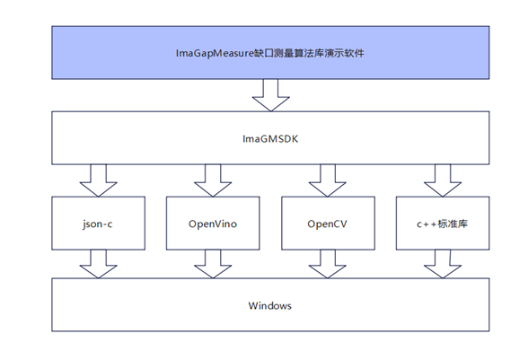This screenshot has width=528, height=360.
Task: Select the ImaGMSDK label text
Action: (x=270, y=139)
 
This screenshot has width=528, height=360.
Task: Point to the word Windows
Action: (x=270, y=305)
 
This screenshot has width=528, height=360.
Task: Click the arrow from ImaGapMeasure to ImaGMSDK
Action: (x=271, y=95)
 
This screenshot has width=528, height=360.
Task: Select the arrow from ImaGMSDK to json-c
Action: (x=99, y=180)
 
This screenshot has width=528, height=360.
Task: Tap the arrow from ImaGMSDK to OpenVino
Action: (x=213, y=180)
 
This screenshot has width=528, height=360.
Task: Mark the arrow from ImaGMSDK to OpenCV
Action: (x=327, y=180)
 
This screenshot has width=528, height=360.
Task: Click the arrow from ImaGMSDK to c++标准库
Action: (x=443, y=180)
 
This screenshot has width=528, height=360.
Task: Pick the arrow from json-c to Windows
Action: (x=99, y=264)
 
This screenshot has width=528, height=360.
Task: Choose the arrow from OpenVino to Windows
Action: (x=213, y=264)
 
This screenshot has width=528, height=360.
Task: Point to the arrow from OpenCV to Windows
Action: (x=327, y=264)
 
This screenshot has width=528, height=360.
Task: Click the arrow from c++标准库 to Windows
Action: (x=443, y=264)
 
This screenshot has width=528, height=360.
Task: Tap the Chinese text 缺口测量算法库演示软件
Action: (x=310, y=53)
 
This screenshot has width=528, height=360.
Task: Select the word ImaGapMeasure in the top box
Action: (x=215, y=53)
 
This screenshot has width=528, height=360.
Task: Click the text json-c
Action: (x=97, y=224)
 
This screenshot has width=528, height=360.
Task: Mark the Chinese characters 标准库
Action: (x=453, y=224)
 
